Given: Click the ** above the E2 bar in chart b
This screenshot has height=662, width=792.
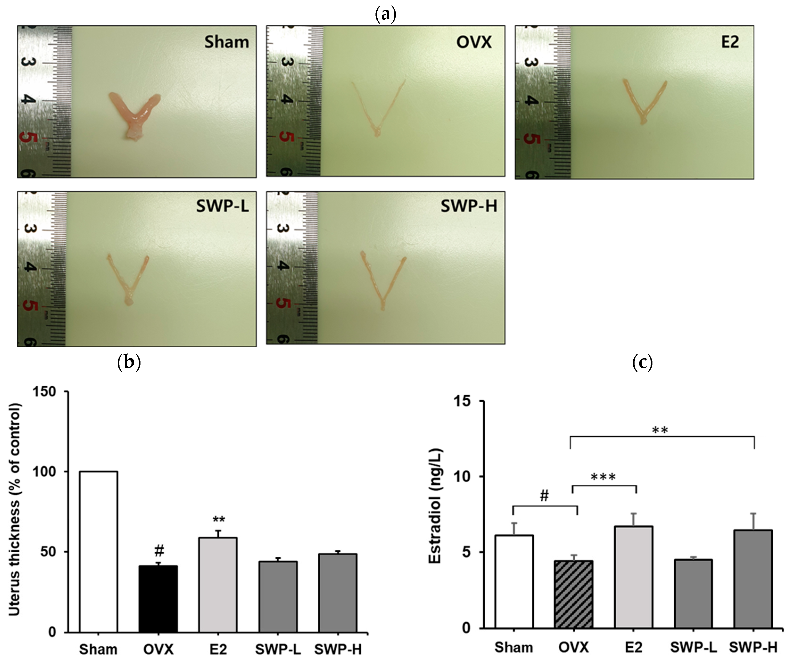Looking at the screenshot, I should coord(219,520).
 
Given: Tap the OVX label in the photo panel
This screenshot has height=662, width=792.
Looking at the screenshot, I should coord(474,42).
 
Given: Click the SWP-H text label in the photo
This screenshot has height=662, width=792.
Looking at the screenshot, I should coord(469,206).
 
